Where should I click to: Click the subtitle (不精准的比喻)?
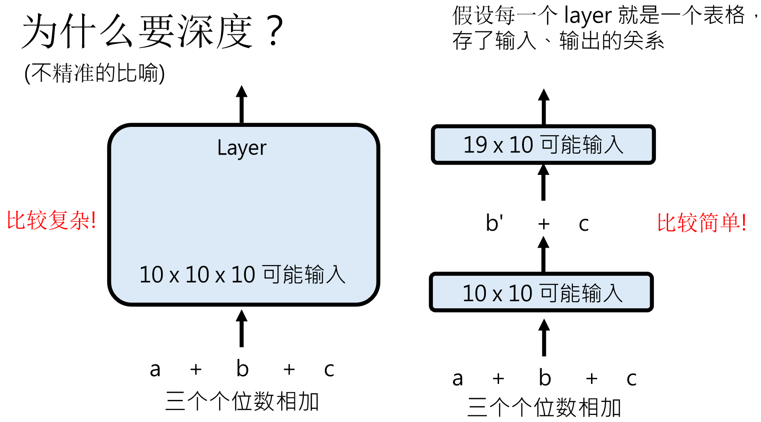click(x=94, y=73)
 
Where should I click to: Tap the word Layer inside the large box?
click(x=242, y=148)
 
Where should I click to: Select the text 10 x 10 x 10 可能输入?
click(x=242, y=274)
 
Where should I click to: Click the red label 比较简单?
click(x=701, y=222)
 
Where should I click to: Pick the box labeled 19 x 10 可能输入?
click(x=543, y=145)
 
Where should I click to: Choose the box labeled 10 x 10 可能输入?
click(x=542, y=292)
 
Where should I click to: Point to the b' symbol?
click(x=494, y=223)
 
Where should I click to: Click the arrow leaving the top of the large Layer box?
click(x=242, y=104)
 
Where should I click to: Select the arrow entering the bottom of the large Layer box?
click(x=242, y=328)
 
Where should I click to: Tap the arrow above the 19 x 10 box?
click(x=544, y=107)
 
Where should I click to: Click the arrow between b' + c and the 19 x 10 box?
click(x=543, y=182)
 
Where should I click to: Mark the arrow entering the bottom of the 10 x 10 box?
click(x=544, y=337)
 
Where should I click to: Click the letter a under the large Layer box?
click(x=155, y=369)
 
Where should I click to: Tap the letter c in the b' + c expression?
click(x=584, y=224)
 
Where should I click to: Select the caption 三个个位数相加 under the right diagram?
click(x=544, y=407)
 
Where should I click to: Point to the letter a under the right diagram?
click(x=458, y=379)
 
